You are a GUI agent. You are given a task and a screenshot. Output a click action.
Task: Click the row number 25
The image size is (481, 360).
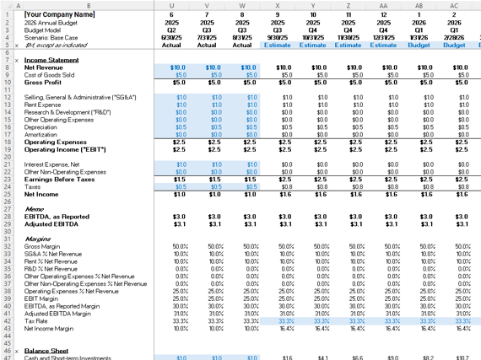(6, 194)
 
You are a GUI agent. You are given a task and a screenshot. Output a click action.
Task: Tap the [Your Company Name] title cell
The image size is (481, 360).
(59, 14)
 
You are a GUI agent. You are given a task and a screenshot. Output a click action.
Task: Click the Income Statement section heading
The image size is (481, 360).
(51, 61)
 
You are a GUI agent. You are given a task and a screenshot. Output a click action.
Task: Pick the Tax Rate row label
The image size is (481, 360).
(36, 320)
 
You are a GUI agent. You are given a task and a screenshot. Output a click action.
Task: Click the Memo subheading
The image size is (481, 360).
(35, 209)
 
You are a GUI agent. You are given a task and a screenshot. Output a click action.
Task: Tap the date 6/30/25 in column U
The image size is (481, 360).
(171, 37)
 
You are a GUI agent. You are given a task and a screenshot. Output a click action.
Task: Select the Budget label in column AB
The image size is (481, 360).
(419, 45)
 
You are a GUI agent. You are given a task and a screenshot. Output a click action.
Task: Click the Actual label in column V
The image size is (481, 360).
(207, 45)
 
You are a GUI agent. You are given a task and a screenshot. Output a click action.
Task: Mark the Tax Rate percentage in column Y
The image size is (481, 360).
(313, 320)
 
